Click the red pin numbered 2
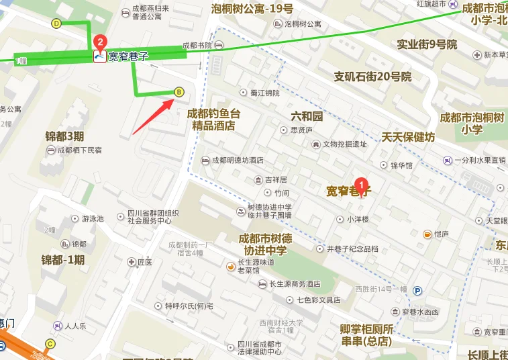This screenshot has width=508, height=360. coord(100,42)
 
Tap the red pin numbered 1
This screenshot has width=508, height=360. coord(361,183)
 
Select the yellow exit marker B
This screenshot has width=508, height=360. coord(179,92)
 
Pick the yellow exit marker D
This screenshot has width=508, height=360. coord(56,24)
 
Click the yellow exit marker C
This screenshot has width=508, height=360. coord(50,344)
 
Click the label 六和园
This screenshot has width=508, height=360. coord(307,116)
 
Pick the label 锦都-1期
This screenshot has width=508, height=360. coord(62,260)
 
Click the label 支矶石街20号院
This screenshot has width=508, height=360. coord(372,77)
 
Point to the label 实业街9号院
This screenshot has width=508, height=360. coord(427,44)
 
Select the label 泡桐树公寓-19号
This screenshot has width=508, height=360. coord(252,9)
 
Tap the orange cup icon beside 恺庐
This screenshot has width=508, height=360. coord(427,234)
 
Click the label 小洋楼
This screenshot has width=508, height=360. coord(357,219)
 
